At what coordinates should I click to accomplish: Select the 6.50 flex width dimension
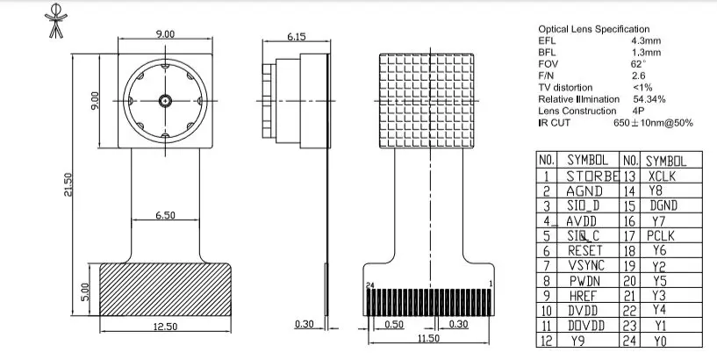pyautogui.click(x=164, y=213)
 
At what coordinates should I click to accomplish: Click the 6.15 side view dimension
pyautogui.click(x=295, y=37)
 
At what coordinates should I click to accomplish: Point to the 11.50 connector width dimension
pyautogui.click(x=427, y=338)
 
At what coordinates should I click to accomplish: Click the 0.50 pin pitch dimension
pyautogui.click(x=394, y=324)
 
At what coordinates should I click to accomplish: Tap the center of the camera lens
pyautogui.click(x=164, y=100)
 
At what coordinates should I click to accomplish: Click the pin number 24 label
pyautogui.click(x=370, y=285)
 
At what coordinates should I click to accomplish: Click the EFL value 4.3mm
pyautogui.click(x=645, y=41)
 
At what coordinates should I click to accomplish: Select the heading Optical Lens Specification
pyautogui.click(x=593, y=29)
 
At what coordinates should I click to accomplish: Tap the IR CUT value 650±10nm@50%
pyautogui.click(x=652, y=123)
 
